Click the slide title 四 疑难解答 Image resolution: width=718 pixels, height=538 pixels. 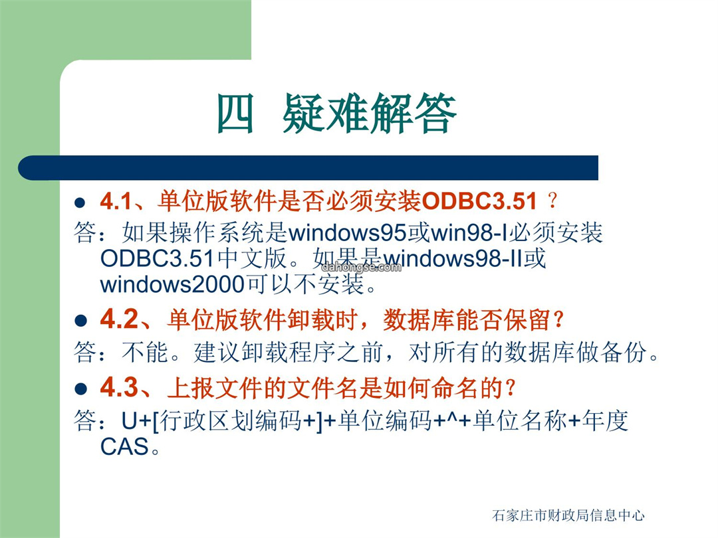point(336,113)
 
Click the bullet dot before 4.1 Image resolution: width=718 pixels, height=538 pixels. point(80,203)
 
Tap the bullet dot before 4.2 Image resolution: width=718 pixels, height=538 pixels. point(80,321)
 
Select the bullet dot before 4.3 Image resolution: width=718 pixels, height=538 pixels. point(80,389)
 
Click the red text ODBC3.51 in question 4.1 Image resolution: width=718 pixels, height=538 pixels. point(479,201)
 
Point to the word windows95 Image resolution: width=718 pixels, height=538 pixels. point(348,233)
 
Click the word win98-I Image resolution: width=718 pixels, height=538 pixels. point(469,233)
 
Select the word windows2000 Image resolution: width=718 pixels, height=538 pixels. point(173,284)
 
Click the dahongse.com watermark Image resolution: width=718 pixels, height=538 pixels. point(361,267)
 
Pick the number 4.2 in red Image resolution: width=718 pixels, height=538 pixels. point(119,319)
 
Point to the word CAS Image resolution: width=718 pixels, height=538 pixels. point(124,446)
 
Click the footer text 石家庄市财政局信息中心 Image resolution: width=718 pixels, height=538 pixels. point(568,515)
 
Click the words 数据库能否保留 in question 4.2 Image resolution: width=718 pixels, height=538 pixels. point(467,319)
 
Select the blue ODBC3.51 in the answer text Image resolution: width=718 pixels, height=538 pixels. point(157,258)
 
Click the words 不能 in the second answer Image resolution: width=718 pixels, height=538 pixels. point(145,352)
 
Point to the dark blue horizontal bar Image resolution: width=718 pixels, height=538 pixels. point(308,168)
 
